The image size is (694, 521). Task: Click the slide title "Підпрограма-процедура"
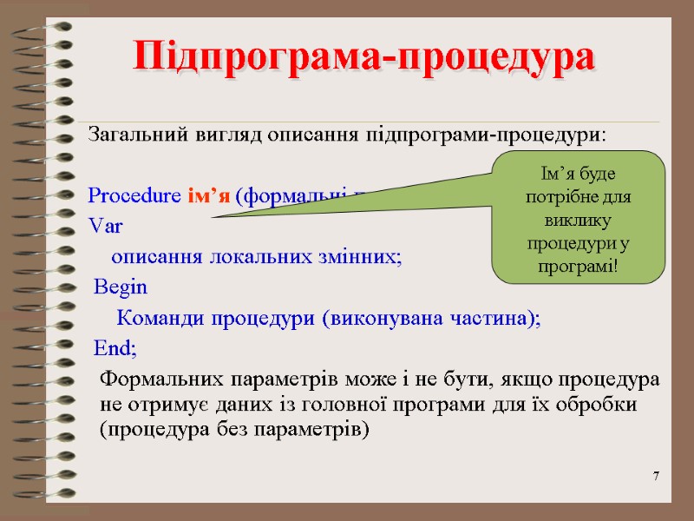coord(365,56)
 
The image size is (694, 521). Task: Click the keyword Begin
coord(121,287)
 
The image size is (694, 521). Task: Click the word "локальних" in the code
coord(241,257)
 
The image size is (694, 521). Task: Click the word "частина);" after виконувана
coord(501,318)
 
